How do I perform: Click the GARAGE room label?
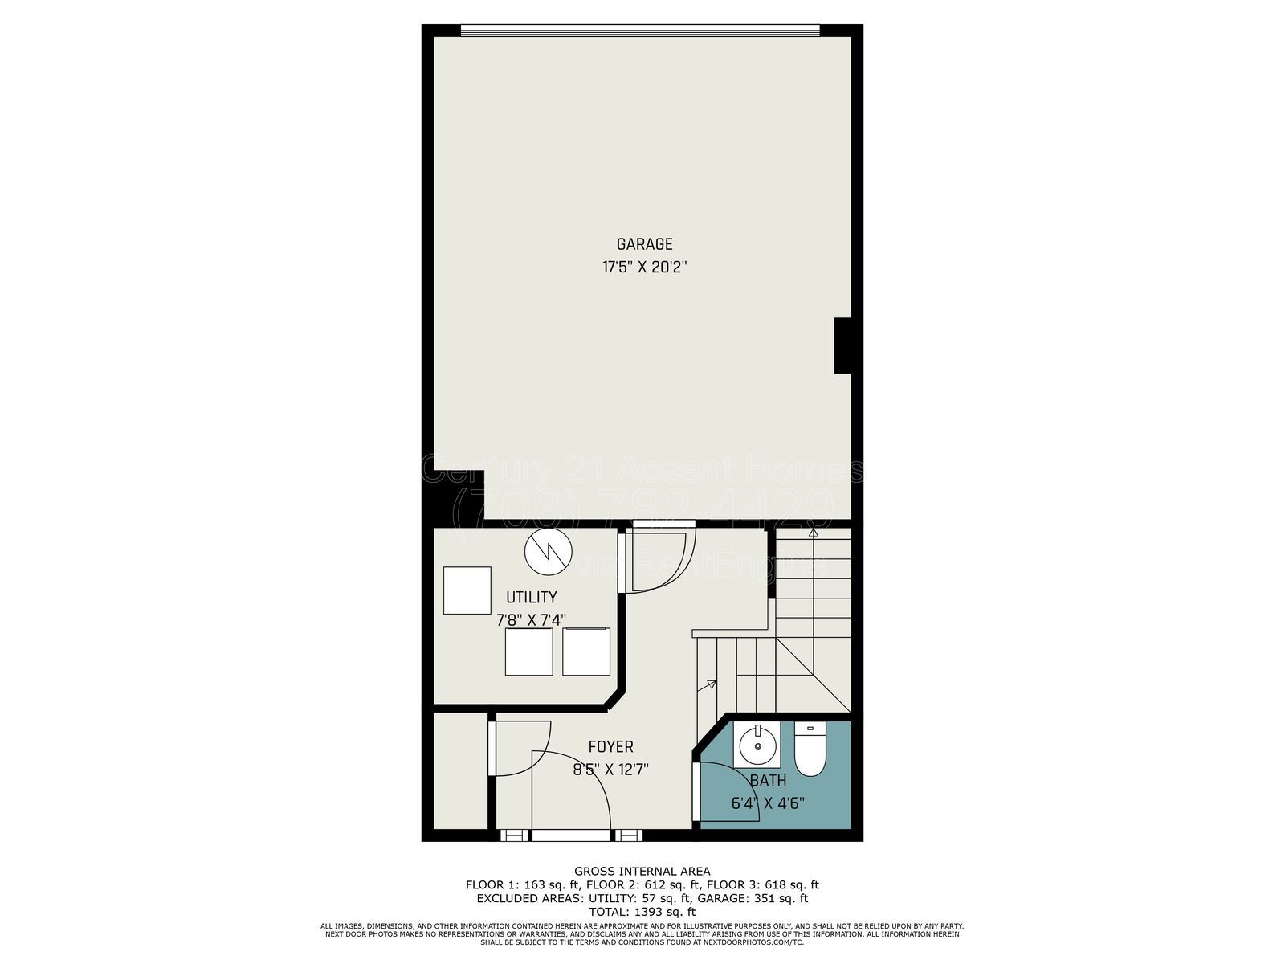coord(644,244)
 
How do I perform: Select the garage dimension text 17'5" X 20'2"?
coord(644,267)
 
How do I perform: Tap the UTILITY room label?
coord(531,597)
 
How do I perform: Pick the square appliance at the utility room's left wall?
coord(467,590)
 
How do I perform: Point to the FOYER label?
coord(610,747)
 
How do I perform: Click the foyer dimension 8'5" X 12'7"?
coord(610,770)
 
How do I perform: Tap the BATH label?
coord(768,780)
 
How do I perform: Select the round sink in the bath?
coord(755,745)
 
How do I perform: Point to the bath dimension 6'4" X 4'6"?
coord(768,802)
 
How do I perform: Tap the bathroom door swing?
coord(727,791)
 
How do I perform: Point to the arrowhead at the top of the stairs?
coord(813,532)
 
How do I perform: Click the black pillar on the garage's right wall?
coord(842,345)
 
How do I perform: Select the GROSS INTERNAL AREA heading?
coord(642,871)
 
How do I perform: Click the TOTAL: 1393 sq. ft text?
coord(642,912)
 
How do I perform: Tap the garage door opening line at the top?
coord(640,31)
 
